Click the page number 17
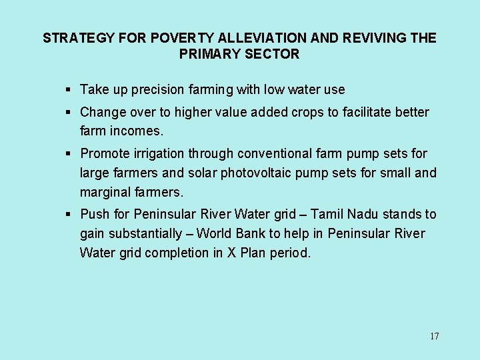tap(434, 336)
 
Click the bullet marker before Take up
tap(69, 89)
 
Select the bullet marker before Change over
tap(69, 112)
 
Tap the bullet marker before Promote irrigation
tap(69, 153)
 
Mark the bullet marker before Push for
tap(69, 214)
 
